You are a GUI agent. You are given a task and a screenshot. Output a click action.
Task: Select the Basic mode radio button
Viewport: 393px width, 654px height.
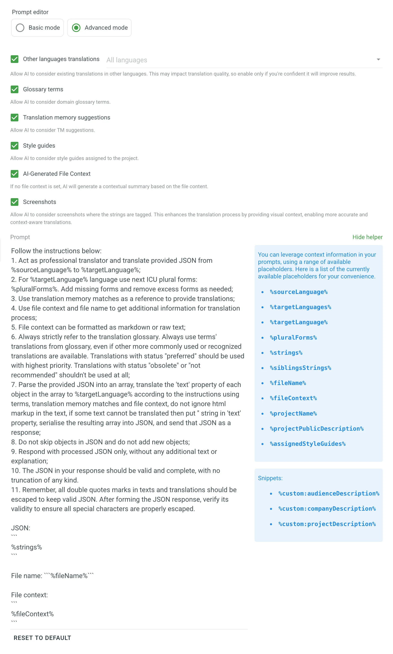pos(20,28)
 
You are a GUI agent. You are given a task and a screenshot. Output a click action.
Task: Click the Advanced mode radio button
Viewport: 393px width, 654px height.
pos(76,28)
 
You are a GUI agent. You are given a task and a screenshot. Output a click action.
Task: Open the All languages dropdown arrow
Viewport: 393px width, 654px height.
pos(378,60)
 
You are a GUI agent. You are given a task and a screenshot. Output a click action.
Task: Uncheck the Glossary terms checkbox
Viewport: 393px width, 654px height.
pos(15,89)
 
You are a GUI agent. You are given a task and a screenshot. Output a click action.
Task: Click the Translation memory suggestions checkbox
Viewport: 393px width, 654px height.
pos(15,117)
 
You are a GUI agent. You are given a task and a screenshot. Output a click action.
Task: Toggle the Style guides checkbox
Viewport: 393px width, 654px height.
pos(15,146)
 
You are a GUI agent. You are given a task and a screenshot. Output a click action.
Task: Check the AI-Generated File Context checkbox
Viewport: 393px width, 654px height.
pos(15,174)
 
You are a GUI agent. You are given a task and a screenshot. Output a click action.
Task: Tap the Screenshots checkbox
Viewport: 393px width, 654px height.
pos(15,202)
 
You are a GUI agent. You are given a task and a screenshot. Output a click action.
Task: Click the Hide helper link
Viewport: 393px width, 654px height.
pos(367,237)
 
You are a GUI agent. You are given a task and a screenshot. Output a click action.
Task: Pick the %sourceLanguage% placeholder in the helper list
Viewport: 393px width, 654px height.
pos(298,292)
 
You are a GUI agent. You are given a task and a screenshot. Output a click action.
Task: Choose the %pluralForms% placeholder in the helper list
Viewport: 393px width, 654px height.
pos(293,337)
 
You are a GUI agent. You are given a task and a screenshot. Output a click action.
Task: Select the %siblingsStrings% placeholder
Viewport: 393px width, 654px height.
pos(300,368)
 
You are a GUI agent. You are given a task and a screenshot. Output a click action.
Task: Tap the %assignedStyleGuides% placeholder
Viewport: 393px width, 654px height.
pos(308,444)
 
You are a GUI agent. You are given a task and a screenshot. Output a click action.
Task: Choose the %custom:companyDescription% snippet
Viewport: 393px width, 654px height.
pos(327,509)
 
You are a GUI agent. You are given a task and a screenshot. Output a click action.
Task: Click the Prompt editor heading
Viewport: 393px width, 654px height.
pos(30,12)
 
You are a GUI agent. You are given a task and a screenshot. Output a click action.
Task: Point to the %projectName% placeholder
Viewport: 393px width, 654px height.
pos(293,413)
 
